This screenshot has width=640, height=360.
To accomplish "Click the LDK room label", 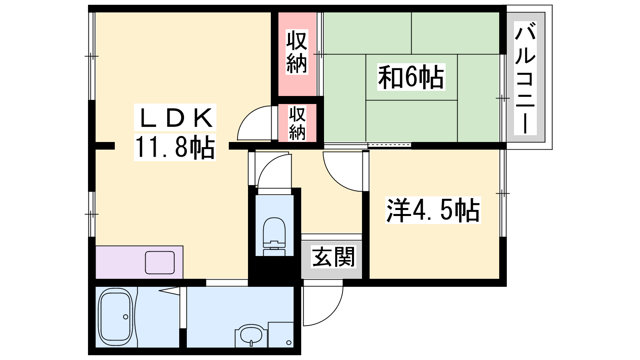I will tap(175, 118).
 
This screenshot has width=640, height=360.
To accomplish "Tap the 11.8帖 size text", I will tap(175, 147).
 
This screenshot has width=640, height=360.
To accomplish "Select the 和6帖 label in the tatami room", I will tap(411, 77).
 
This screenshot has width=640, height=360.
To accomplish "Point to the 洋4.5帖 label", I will tap(433, 210).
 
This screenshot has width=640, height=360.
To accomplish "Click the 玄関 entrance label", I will tap(333, 257).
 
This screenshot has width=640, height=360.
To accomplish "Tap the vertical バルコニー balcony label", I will tap(525, 78).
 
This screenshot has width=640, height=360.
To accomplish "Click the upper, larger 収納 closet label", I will tap(296, 52).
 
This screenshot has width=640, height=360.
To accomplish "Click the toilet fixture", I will tap(274, 236).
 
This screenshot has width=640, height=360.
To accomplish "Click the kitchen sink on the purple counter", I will tap(160, 262).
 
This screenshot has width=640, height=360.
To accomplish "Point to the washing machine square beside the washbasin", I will tap(281, 334).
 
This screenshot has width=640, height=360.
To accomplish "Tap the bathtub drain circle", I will tap(126, 317).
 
